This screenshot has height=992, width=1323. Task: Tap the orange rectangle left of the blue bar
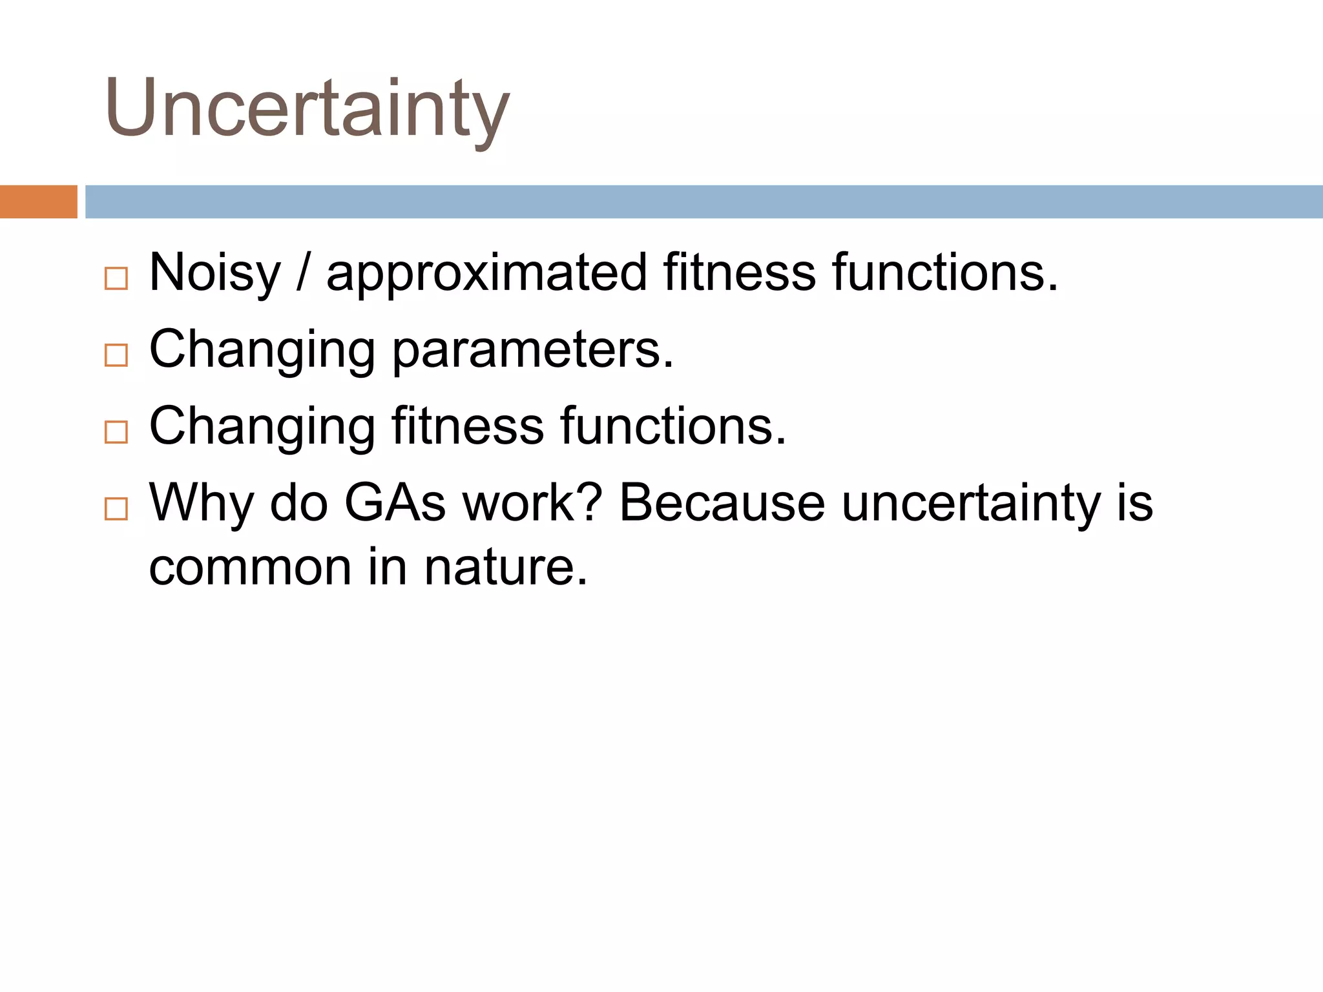(38, 201)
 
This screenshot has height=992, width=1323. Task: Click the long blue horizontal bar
(703, 201)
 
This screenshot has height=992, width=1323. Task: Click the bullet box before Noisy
(116, 279)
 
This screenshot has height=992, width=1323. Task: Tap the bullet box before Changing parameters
(116, 355)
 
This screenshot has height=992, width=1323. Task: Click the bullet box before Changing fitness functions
(116, 432)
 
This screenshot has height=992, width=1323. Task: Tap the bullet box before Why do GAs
(116, 509)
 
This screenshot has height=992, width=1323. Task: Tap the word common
(250, 568)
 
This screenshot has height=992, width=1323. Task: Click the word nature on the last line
(505, 568)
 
